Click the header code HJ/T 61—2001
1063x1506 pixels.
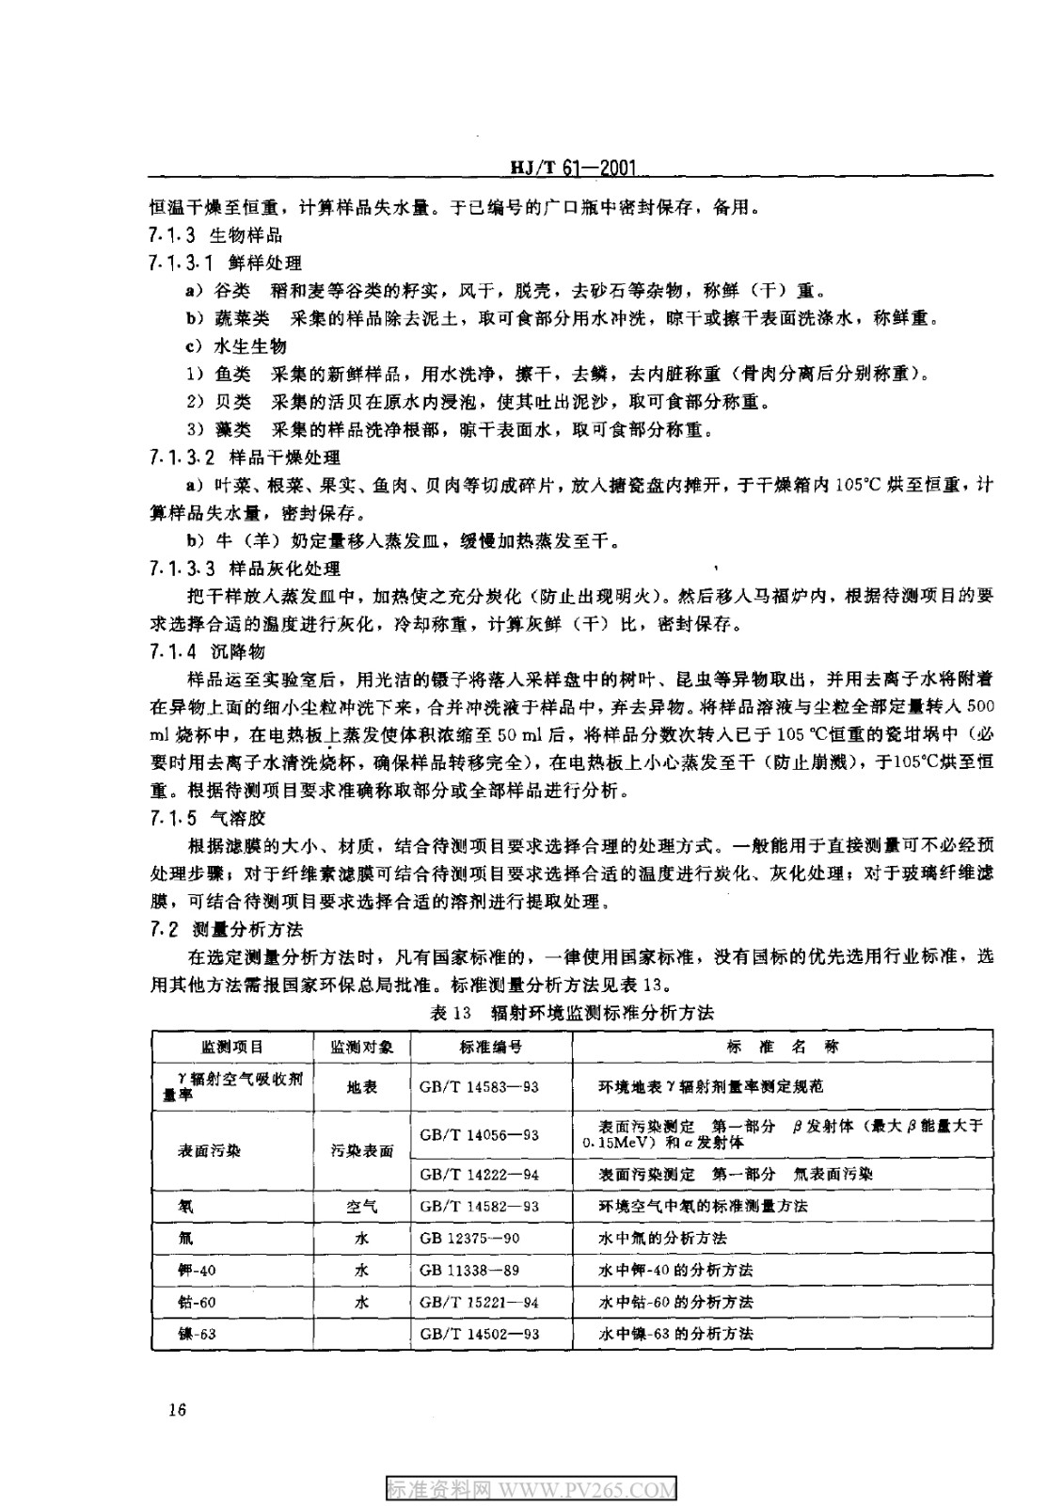click(573, 168)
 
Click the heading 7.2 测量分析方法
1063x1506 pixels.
click(226, 929)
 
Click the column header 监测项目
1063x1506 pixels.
click(232, 1047)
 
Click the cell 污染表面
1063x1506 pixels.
click(362, 1150)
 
